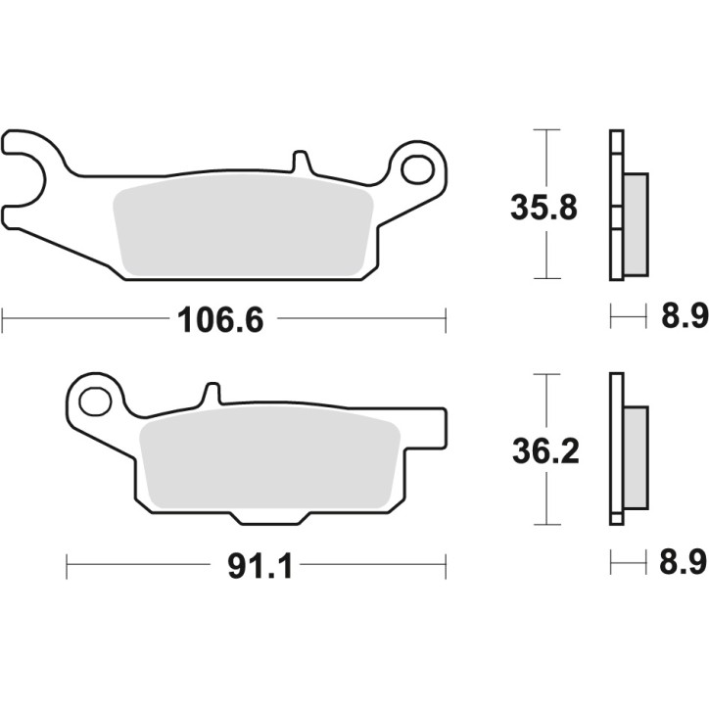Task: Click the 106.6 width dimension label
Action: coord(220,319)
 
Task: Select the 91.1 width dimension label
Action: coord(260,566)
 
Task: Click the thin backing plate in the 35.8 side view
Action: coord(614,206)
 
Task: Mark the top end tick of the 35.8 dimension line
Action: coord(545,130)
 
